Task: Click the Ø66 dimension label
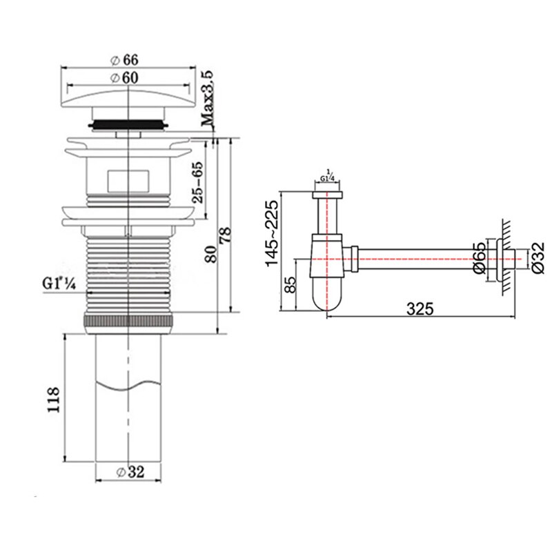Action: click(124, 60)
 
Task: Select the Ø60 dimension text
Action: click(124, 78)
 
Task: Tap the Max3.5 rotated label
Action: click(208, 98)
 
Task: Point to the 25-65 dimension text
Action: click(199, 182)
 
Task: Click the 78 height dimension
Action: click(226, 235)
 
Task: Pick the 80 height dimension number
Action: click(212, 254)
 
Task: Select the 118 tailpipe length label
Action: click(54, 400)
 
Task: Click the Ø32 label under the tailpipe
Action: click(130, 472)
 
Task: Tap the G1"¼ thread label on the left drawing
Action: click(59, 283)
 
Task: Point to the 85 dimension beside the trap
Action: click(290, 285)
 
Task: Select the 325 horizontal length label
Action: click(420, 308)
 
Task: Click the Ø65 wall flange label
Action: click(480, 257)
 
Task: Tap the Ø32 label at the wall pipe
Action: click(538, 257)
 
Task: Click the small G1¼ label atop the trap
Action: click(327, 177)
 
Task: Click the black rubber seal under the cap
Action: click(128, 125)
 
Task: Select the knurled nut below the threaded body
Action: click(128, 322)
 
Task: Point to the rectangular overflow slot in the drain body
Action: click(128, 180)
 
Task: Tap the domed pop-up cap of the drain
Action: click(128, 98)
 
